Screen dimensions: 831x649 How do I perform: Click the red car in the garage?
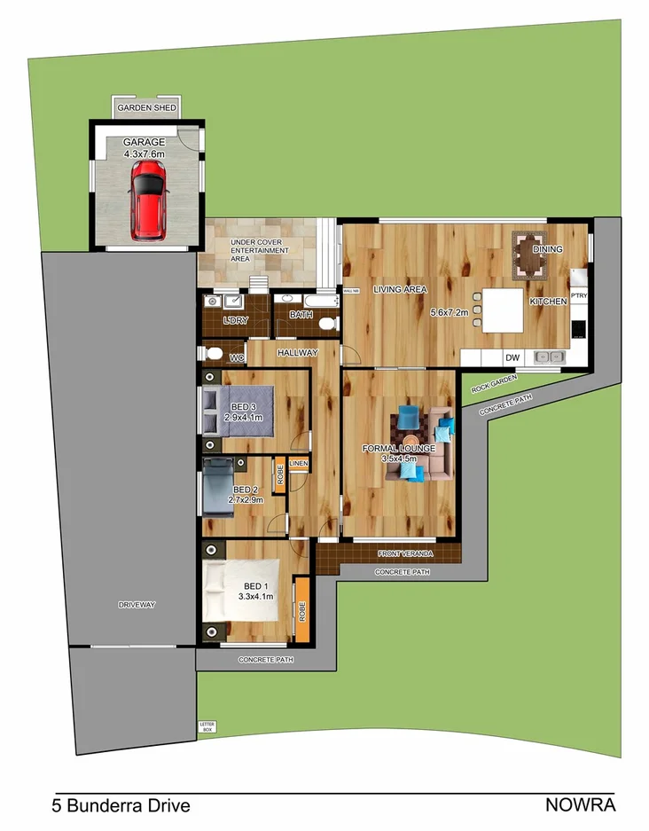click(x=148, y=205)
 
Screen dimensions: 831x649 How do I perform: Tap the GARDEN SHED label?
click(x=148, y=108)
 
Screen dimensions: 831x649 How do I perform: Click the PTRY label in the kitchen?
click(x=579, y=295)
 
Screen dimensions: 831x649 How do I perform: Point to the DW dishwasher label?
click(x=512, y=357)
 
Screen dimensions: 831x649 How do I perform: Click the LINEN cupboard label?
click(x=298, y=464)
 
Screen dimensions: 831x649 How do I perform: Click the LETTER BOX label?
click(x=207, y=726)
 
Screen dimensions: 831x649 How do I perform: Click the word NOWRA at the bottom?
click(x=580, y=805)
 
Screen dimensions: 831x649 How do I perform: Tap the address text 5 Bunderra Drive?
click(x=120, y=806)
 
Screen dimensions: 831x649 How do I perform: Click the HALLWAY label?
click(x=297, y=352)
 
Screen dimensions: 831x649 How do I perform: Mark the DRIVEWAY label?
click(x=137, y=605)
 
